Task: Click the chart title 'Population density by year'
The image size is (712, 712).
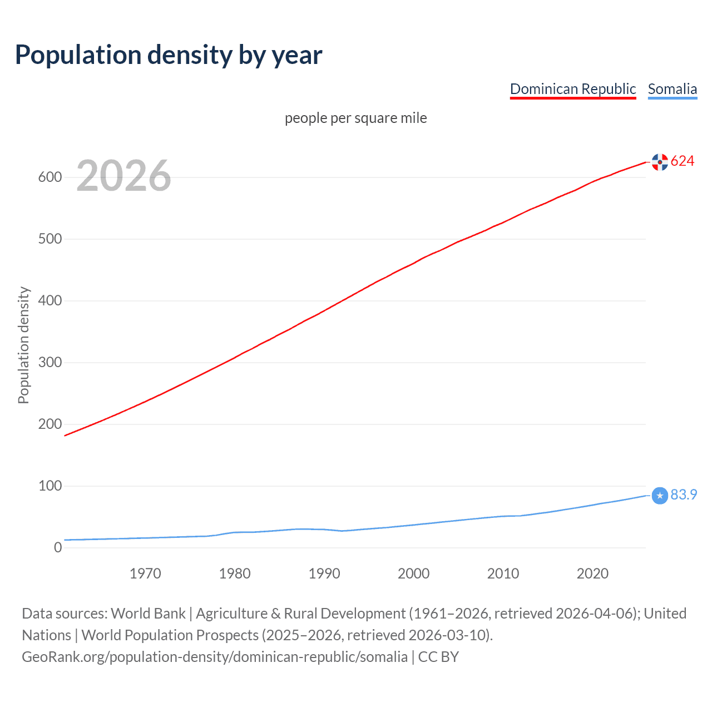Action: pos(169,55)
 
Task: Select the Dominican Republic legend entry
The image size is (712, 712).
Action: pos(572,89)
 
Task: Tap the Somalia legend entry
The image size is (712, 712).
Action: pos(672,89)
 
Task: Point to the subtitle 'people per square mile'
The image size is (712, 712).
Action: pos(356,118)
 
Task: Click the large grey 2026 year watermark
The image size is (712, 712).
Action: pos(123,176)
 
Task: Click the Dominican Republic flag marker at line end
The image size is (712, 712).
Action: pos(660,162)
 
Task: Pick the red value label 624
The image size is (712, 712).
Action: pos(683,161)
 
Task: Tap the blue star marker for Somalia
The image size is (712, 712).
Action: pos(660,495)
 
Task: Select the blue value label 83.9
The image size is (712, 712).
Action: pos(684,495)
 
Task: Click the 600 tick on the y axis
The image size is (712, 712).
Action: pos(50,177)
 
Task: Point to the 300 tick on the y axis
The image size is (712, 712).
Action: pos(50,363)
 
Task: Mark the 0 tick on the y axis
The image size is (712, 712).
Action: pos(58,548)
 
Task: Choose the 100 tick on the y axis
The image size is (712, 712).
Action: pos(50,486)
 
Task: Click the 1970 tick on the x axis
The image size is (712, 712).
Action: pos(145,573)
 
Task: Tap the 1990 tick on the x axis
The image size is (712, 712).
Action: pos(324,573)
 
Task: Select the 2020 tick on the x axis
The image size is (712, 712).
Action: pos(592,573)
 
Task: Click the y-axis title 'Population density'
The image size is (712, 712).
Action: pos(23,345)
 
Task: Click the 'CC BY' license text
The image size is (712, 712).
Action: pos(438,657)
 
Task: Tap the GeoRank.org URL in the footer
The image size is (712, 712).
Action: pos(215,657)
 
